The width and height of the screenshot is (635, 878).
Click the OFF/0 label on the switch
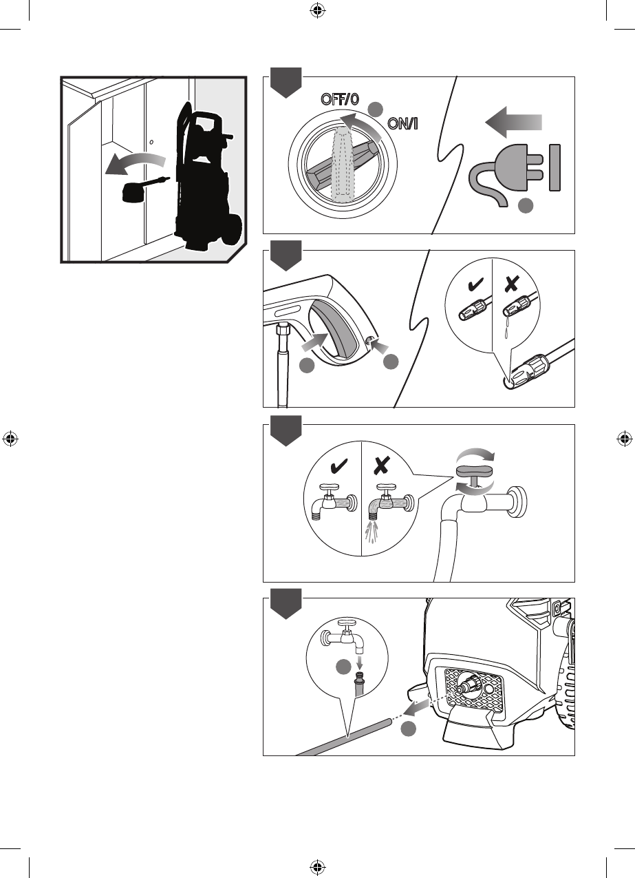click(x=340, y=99)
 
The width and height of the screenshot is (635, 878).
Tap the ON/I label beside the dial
click(x=402, y=124)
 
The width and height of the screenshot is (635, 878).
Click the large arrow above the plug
click(x=514, y=123)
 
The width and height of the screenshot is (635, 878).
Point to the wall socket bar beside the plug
click(x=555, y=168)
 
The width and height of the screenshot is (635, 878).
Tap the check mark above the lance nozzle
click(x=475, y=284)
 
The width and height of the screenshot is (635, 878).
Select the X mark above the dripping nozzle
click(x=511, y=284)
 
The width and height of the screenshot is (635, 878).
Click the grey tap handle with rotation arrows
click(x=475, y=471)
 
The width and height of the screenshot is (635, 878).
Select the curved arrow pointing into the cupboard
click(x=136, y=163)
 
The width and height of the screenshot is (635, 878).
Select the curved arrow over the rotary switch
click(x=361, y=125)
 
